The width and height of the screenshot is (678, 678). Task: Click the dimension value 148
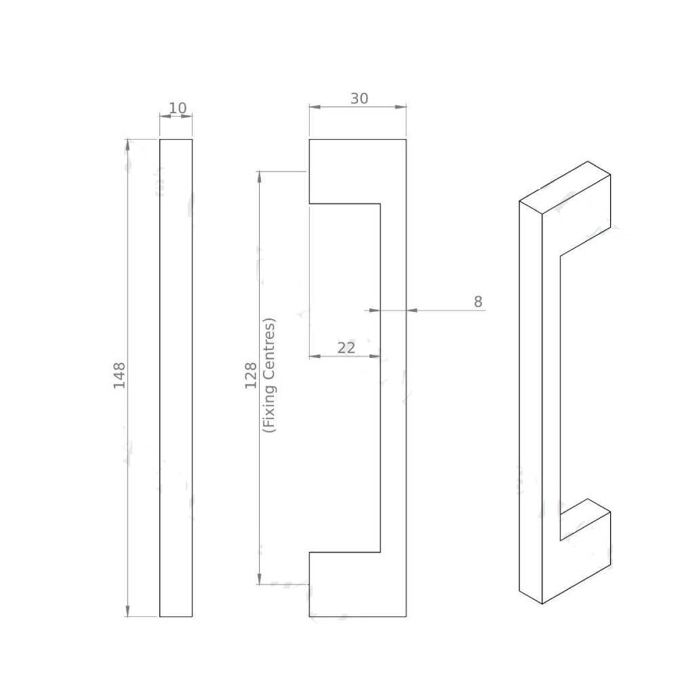(119, 376)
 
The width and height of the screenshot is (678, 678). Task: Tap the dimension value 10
(177, 108)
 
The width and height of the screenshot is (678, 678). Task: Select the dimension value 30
(359, 98)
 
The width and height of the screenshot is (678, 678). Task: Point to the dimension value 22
(346, 348)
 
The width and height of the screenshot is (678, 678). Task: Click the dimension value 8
(478, 302)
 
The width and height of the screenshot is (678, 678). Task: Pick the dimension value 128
(251, 376)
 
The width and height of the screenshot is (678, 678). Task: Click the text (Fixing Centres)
(270, 376)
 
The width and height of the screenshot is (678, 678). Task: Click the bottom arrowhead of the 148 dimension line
(127, 611)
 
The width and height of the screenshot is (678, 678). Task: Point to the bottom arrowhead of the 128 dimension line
(259, 578)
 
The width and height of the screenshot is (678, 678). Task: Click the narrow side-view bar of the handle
(176, 378)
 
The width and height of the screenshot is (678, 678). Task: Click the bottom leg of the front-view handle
(342, 584)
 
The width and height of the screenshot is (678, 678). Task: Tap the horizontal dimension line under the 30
(357, 106)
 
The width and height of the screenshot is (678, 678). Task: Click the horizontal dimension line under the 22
(344, 356)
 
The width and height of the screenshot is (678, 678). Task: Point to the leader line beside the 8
(447, 311)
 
